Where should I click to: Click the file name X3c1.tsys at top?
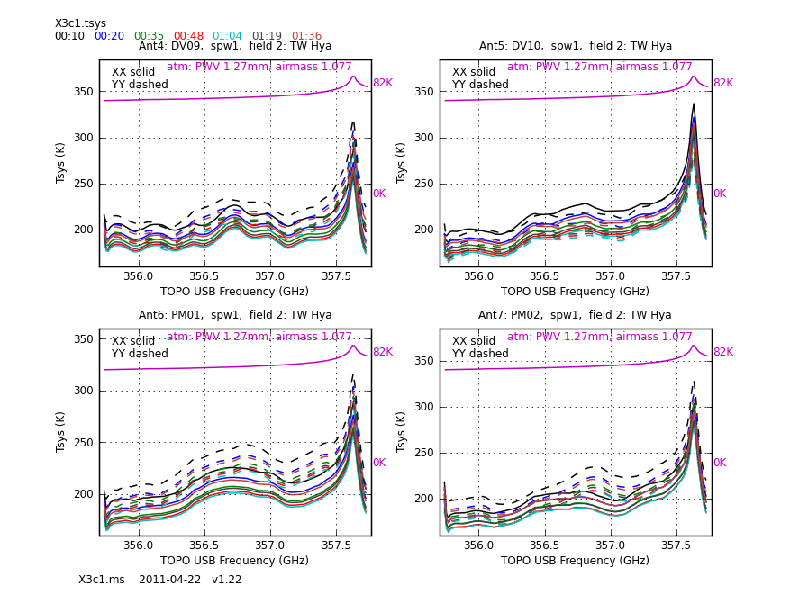point(80,23)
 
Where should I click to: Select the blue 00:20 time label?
point(109,36)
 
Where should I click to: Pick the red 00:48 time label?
point(188,36)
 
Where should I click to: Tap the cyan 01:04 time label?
point(227,36)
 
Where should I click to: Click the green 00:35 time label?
point(149,36)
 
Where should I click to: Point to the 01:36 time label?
point(306,36)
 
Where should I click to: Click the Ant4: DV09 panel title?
point(234,46)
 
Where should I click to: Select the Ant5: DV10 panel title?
point(575,46)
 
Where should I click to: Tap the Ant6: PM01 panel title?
point(234,315)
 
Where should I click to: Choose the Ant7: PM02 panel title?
point(575,315)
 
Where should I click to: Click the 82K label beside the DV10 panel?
point(723,83)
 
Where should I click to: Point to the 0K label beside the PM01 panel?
point(379,463)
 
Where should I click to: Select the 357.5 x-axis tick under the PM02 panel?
point(677,546)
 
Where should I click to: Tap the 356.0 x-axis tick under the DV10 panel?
point(478,277)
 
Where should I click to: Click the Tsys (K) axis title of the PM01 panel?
point(61,431)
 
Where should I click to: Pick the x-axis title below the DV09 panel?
point(234,292)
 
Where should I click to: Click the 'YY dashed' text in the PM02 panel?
point(480,354)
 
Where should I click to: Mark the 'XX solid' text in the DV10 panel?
point(474,72)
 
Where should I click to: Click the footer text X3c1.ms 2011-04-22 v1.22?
point(160,580)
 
